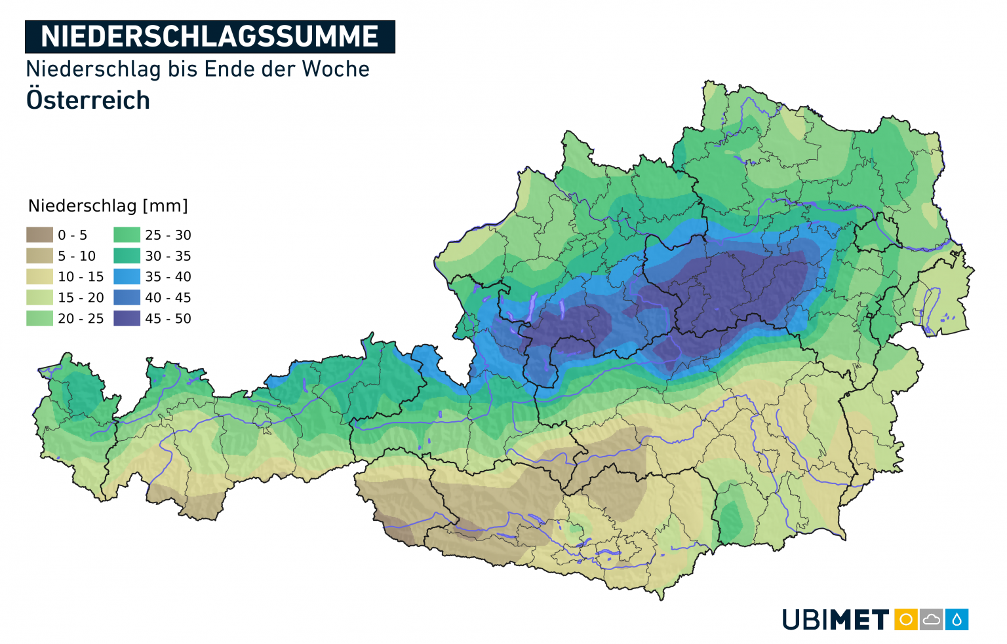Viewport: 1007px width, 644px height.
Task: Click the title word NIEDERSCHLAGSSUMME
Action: [210, 37]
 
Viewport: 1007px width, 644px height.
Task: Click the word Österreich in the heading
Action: [88, 100]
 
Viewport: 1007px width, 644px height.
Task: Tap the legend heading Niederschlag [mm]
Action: [108, 206]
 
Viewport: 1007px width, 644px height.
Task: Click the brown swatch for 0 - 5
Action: [39, 235]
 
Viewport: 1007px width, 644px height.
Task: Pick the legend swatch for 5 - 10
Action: [39, 256]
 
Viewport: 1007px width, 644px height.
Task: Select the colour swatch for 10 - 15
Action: [39, 276]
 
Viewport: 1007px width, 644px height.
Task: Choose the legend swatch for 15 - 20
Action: [39, 297]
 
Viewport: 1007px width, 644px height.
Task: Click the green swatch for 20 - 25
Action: [39, 318]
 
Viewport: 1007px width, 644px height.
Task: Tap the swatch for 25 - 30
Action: [127, 235]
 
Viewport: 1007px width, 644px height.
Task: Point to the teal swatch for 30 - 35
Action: [127, 256]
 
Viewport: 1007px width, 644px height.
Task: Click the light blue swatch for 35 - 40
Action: [127, 276]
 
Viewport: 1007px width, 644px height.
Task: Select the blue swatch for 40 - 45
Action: [127, 297]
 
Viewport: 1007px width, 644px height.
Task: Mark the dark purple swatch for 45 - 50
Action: [127, 318]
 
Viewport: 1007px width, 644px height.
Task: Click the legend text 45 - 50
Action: [168, 318]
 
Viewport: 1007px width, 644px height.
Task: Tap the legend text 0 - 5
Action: [72, 235]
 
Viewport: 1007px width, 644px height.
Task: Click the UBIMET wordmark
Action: [835, 620]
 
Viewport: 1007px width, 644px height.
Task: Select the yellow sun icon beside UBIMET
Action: [906, 619]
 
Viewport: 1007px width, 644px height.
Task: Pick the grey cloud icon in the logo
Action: [932, 619]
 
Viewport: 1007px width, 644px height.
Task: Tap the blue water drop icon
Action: [957, 619]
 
